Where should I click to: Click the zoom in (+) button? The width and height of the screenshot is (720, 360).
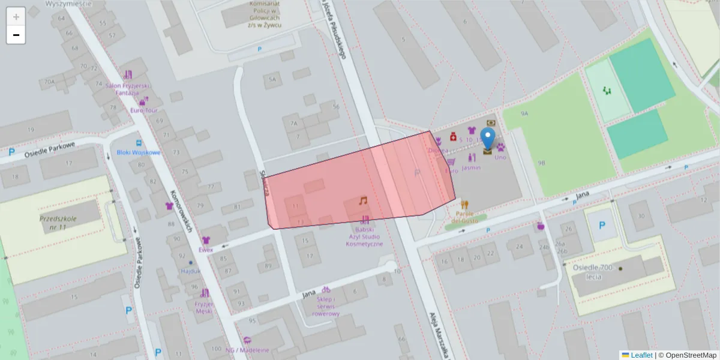pyautogui.click(x=16, y=17)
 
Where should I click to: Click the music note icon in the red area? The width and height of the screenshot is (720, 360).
pyautogui.click(x=362, y=200)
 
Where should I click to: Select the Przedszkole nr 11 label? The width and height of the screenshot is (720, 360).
pyautogui.click(x=58, y=223)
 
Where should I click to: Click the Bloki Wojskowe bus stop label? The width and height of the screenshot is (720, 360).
pyautogui.click(x=139, y=152)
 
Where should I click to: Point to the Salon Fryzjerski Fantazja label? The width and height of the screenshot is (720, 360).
pyautogui.click(x=127, y=89)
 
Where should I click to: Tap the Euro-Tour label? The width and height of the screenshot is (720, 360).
pyautogui.click(x=143, y=110)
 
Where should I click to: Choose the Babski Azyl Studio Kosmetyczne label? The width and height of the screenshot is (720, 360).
pyautogui.click(x=364, y=236)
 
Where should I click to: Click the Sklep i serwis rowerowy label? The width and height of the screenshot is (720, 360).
pyautogui.click(x=326, y=306)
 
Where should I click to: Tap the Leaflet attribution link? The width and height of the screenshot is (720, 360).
pyautogui.click(x=641, y=355)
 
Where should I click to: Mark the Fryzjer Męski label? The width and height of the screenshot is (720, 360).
pyautogui.click(x=204, y=307)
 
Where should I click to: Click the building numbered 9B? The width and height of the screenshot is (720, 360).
pyautogui.click(x=541, y=163)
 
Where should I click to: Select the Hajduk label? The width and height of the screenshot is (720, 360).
pyautogui.click(x=190, y=271)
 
